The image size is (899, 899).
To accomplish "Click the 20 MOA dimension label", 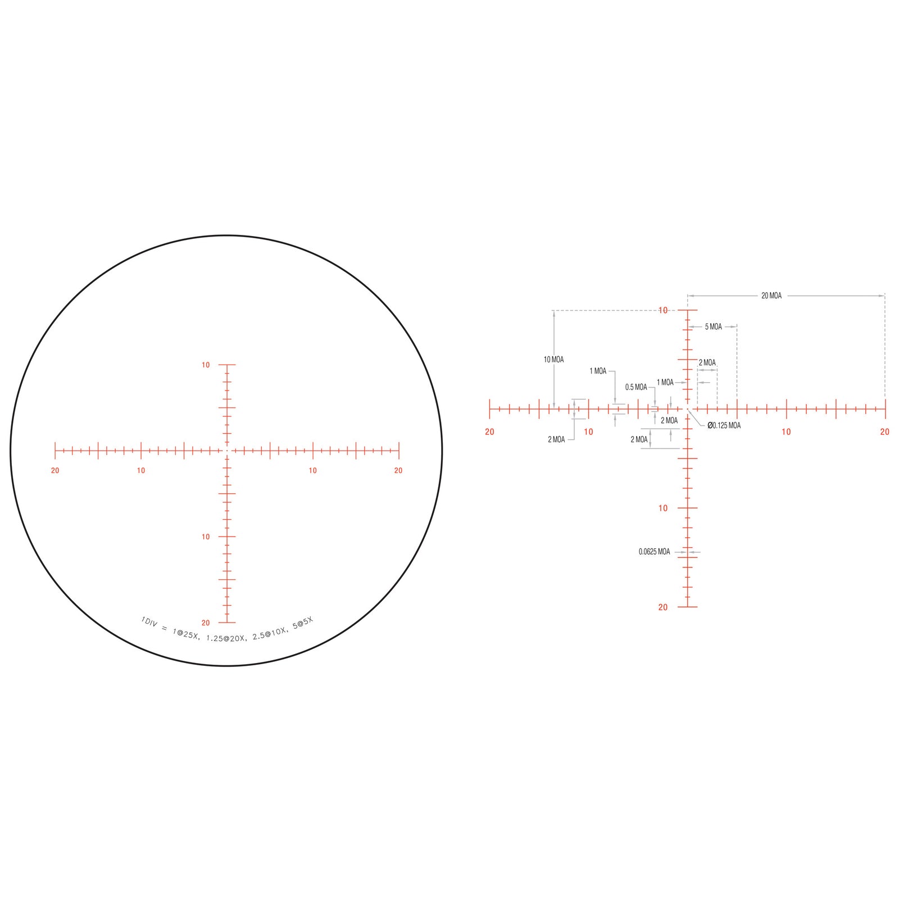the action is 771,296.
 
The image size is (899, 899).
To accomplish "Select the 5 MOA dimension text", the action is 713,326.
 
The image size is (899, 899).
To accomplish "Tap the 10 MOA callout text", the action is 553,360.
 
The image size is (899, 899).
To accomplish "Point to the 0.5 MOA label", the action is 636,387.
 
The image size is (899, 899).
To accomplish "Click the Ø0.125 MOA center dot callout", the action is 724,425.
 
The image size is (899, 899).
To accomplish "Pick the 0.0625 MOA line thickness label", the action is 654,552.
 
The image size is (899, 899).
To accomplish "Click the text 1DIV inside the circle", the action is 149,622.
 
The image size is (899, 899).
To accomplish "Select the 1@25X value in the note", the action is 185,634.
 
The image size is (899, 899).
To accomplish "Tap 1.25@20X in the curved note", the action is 226,639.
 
